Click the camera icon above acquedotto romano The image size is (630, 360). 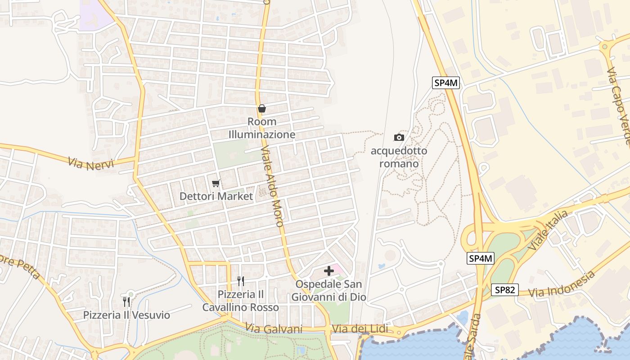399,137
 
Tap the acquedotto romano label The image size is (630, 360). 399,157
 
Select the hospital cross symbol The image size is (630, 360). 329,271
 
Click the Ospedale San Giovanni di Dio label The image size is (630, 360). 328,291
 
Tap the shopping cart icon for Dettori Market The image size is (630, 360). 216,183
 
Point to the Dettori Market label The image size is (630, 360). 216,196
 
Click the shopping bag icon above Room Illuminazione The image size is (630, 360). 262,108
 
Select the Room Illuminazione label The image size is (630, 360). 262,128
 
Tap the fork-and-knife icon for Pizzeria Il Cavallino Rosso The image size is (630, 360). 241,281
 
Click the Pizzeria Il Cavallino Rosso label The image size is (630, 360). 240,301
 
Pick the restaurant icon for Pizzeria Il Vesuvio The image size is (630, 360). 126,301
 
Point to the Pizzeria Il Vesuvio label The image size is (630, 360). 126,315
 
